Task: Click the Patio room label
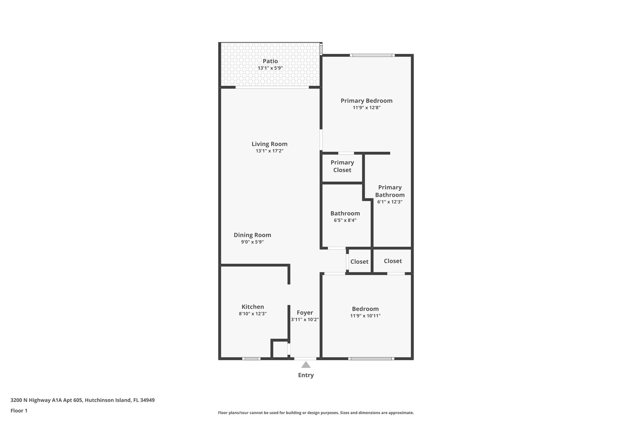point(270,61)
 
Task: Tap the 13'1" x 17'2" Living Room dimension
point(269,151)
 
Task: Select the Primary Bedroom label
point(366,101)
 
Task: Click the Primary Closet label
point(342,166)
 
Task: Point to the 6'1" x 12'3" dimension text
point(390,202)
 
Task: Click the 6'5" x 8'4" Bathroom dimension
point(345,221)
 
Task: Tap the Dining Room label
point(252,235)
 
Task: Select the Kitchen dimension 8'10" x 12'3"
point(252,314)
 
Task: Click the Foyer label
point(305,312)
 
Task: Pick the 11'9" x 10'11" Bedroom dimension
point(365,316)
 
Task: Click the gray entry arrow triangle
point(306,365)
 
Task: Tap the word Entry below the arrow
point(306,375)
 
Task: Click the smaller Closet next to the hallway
point(359,262)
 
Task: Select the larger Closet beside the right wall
point(393,261)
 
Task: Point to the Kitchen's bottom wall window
point(251,359)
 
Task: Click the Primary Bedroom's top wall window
point(372,56)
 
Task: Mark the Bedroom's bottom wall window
point(371,359)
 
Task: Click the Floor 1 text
point(19,411)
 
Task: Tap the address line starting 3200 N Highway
point(82,400)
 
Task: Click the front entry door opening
point(305,359)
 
